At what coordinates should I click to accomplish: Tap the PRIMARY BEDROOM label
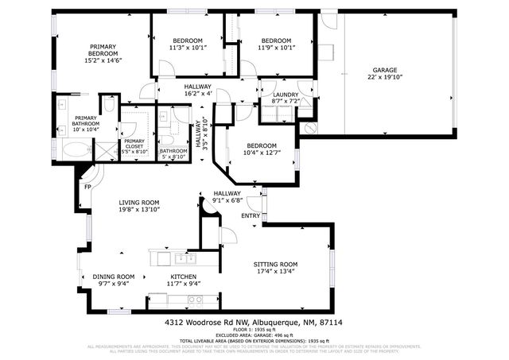pos(102,50)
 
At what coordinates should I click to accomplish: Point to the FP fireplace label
pos(88,187)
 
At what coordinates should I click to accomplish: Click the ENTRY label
pos(251,215)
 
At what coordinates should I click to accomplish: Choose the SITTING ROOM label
pos(275,264)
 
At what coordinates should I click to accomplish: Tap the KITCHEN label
pos(183,277)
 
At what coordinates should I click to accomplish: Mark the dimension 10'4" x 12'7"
pos(261,153)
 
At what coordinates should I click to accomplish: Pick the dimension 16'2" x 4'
pos(197,94)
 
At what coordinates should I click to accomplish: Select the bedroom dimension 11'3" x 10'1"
pos(188,48)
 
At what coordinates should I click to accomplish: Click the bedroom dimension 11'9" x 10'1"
pos(275,48)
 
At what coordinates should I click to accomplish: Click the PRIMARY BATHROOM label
pos(86,120)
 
